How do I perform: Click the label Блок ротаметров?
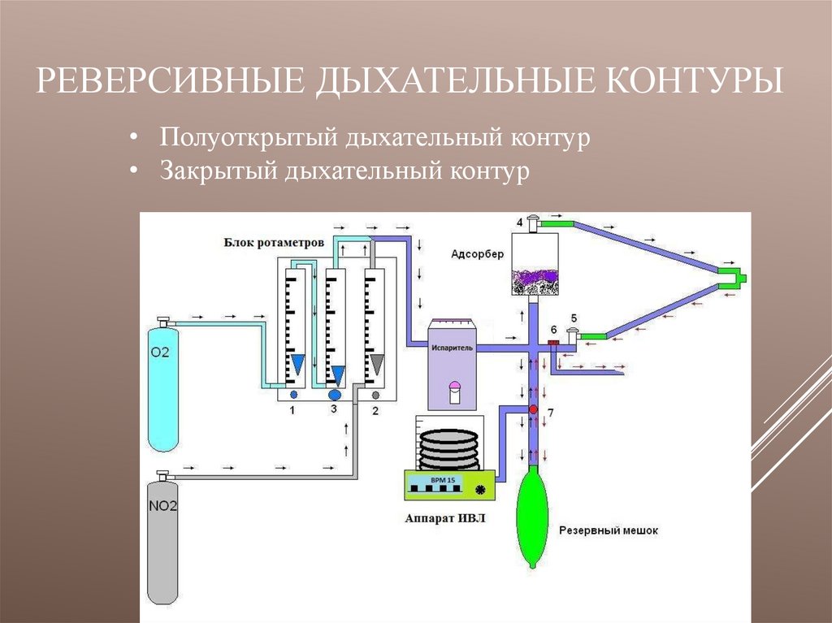pos(275,242)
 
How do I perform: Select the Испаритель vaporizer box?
pos(453,362)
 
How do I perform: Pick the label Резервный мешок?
pos(608,530)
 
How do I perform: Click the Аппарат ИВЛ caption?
pos(444,521)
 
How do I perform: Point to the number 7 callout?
pos(550,413)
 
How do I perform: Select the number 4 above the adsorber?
pos(519,222)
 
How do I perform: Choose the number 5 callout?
pos(574,317)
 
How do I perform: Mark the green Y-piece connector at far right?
pos(734,278)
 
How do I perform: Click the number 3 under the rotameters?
pos(334,410)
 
